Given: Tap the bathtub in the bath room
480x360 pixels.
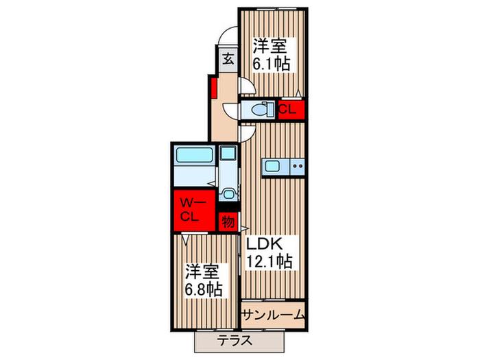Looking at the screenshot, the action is (x=194, y=155).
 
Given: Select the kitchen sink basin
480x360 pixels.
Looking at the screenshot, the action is (x=271, y=166).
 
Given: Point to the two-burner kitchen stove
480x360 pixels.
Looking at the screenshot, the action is (x=297, y=167).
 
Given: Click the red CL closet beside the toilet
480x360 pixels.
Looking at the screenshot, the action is (x=291, y=109).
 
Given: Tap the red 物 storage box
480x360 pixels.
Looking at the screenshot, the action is (x=228, y=221).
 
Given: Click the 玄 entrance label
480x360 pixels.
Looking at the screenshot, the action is (x=228, y=59).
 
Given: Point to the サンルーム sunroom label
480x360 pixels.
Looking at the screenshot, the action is (x=273, y=315).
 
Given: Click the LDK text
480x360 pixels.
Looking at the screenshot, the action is (x=264, y=243).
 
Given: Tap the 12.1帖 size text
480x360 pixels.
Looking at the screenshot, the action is (x=269, y=261).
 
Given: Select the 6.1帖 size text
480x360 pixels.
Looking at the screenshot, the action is (x=271, y=64).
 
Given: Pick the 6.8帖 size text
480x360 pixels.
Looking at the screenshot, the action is (x=203, y=289).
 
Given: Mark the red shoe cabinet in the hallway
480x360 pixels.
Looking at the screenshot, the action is (x=214, y=88).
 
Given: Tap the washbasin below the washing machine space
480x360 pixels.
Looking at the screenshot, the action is (x=228, y=194).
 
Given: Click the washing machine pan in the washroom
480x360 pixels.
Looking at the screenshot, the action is (x=228, y=152).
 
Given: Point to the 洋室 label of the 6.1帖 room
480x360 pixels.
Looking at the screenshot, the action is (x=269, y=46).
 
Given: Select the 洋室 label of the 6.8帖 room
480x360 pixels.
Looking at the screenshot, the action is (x=202, y=272).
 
